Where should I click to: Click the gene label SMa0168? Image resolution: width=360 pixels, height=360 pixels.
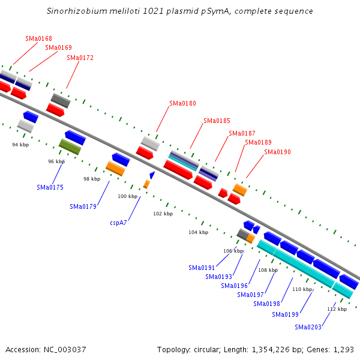pos(38,38)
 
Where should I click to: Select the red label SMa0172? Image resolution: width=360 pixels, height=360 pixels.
pos(80,58)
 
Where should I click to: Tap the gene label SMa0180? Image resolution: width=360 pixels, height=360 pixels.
pos(182,103)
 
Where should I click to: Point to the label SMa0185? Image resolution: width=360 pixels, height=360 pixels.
pos(217,121)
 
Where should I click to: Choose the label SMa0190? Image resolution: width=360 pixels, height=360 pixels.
pos(277,152)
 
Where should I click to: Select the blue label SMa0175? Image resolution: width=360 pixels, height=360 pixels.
pos(50,187)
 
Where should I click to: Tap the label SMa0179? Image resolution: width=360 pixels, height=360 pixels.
pos(83,206)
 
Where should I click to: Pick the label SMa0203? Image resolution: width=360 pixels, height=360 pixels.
pos(308,327)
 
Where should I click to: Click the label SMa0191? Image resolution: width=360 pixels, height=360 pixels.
pos(202,268)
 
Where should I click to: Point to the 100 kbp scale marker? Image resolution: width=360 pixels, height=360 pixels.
pos(127,196)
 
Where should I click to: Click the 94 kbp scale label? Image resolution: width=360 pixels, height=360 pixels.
pos(20,145)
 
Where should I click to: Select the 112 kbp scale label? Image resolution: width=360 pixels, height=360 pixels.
pos(337,309)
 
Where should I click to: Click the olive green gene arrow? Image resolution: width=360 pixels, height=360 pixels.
pos(70,146)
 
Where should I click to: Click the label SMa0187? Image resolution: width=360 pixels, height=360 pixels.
pos(242,133)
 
